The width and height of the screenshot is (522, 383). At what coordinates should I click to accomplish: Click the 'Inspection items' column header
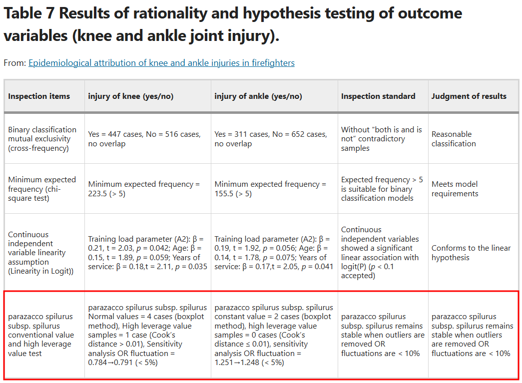point(39,96)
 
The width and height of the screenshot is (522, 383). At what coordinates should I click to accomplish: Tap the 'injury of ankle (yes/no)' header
point(258,96)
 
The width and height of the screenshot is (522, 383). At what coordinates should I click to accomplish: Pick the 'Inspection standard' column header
point(378,96)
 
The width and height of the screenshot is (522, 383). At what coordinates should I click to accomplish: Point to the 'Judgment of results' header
point(469,96)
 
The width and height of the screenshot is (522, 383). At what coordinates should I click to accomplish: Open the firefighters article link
point(161,63)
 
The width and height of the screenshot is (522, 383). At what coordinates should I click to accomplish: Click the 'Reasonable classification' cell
point(454,139)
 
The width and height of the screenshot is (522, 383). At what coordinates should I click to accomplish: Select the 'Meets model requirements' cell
point(455,189)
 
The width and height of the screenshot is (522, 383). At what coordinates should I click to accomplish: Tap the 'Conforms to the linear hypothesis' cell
point(471,253)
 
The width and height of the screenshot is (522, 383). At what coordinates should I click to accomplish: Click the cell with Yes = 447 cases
point(144,139)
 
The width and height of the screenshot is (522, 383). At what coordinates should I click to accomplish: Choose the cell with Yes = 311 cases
point(271,139)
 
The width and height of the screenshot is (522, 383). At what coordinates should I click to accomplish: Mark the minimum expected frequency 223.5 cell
point(144,189)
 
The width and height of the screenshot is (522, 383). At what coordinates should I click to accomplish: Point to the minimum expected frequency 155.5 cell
point(270,189)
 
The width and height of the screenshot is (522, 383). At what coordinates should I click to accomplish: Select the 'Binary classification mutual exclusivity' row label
point(42,139)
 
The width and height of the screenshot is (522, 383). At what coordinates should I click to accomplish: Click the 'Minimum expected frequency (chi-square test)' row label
point(42,189)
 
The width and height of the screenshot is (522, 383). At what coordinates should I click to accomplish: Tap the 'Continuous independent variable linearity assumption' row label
point(40,253)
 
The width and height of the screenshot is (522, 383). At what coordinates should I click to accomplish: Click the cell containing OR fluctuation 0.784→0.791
point(147,335)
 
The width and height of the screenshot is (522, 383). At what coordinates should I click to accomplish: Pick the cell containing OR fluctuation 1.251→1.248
point(274,335)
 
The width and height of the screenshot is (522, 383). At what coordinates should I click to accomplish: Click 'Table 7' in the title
point(29,13)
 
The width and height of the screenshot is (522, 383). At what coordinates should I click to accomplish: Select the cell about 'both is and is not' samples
point(382,139)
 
